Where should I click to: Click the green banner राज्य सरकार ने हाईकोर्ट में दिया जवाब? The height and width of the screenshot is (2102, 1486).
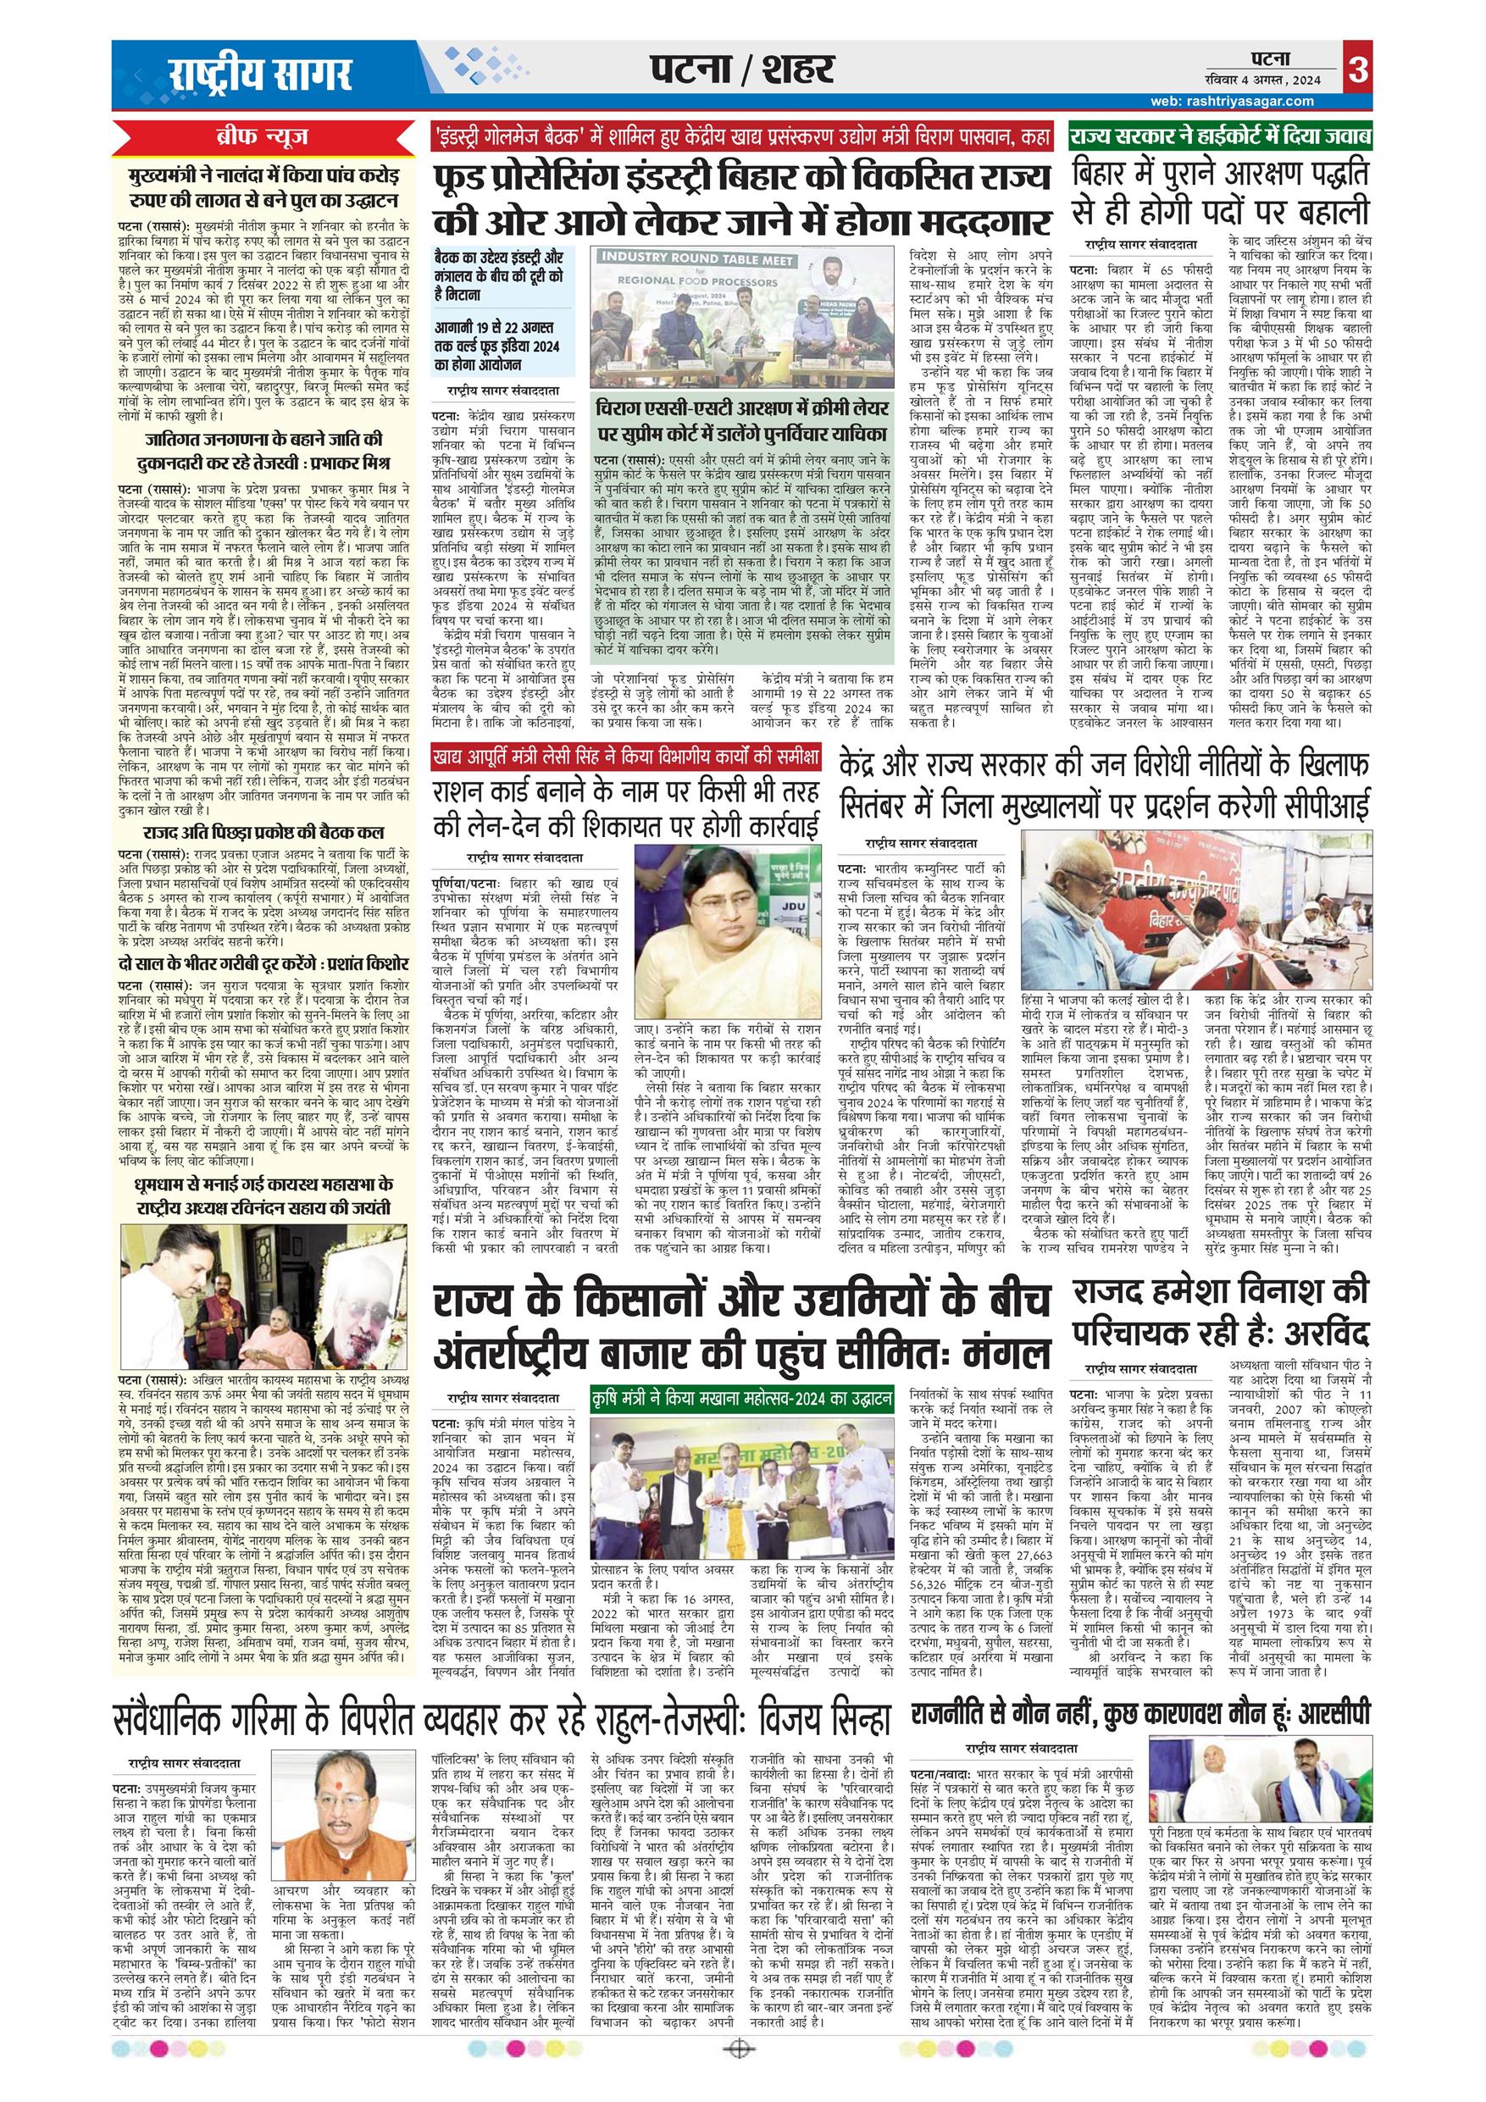tap(1221, 139)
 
